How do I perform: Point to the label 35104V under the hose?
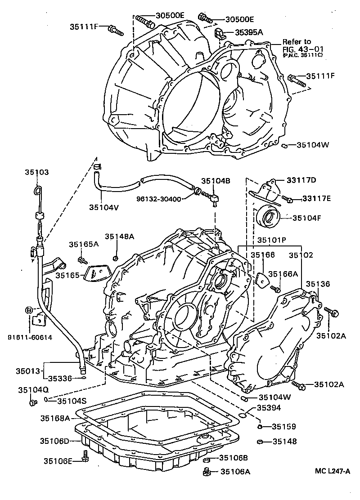pos(103,207)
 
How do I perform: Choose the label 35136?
pos(318,284)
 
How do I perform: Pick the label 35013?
pos(28,371)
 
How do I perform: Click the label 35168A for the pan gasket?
pos(55,418)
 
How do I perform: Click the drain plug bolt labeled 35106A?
pos(206,472)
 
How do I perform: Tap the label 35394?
pos(270,408)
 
